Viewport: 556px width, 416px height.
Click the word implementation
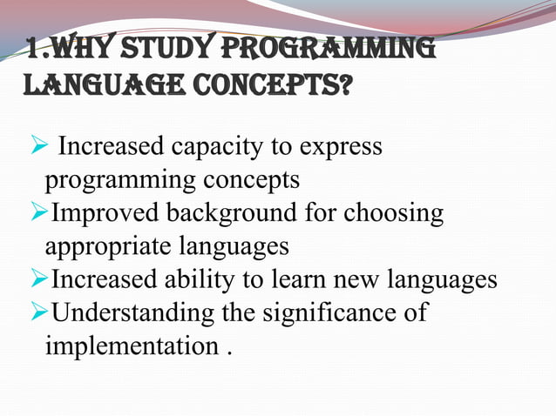129,346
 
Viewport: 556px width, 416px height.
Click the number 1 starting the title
32,50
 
